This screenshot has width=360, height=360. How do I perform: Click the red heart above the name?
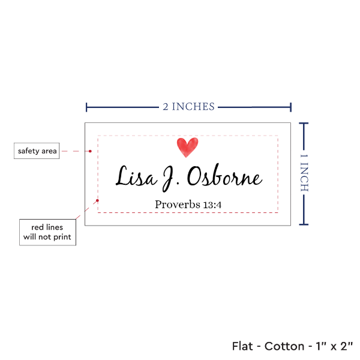point(188,147)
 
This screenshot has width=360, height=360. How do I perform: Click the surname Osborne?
point(224,177)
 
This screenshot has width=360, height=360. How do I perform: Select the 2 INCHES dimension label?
point(188,107)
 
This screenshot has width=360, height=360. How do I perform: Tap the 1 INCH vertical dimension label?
point(304,173)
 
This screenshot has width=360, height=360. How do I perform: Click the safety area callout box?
point(37,151)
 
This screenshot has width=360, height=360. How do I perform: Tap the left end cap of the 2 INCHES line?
point(87,107)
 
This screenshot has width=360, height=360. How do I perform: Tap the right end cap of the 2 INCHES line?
point(291,107)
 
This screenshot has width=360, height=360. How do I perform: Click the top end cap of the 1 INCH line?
point(304,123)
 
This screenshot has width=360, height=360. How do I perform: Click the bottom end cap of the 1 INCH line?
point(304,226)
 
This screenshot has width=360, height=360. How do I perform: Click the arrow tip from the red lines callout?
point(98,197)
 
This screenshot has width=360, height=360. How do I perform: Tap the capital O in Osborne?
point(196,177)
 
